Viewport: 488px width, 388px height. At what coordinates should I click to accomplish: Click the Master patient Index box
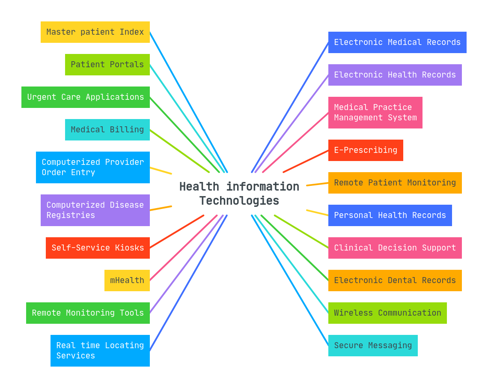95,32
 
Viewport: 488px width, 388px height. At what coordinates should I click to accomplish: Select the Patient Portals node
107,65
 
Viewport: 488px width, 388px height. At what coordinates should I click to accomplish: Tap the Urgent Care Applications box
86,97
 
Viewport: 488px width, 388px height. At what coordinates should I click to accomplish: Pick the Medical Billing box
107,130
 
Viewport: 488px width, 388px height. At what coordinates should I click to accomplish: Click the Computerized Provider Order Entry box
92,167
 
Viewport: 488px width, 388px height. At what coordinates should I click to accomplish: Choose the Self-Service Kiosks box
98,248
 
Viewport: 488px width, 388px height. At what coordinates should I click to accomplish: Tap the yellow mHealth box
127,281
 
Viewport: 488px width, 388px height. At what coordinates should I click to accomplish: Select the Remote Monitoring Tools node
88,313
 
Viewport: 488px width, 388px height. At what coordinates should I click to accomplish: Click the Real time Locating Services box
100,351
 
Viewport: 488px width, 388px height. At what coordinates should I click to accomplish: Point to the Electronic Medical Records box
397,42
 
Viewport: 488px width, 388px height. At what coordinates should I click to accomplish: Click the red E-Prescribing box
365,150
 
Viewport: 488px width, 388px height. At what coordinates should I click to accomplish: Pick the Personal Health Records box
390,215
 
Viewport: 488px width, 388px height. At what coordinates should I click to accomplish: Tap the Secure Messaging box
372,346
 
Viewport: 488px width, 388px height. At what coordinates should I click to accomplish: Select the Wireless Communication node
387,313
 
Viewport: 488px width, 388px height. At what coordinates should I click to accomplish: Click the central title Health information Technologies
239,194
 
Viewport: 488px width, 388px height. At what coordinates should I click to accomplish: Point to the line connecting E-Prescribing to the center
306,161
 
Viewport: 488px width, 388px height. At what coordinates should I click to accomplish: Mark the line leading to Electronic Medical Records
290,107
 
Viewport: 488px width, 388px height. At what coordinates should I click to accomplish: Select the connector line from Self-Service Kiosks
177,232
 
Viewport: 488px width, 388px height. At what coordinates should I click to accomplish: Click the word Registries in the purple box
71,215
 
